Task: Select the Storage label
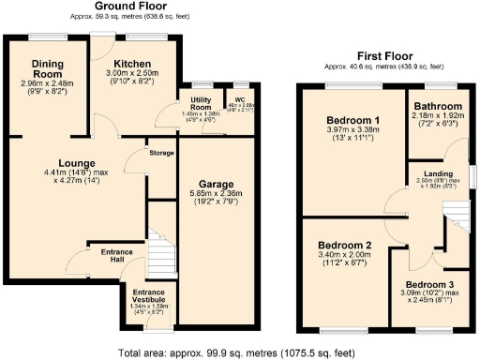(x=161, y=153)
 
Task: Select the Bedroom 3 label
(x=432, y=284)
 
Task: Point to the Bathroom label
(x=439, y=108)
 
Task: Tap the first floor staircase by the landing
(x=457, y=224)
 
